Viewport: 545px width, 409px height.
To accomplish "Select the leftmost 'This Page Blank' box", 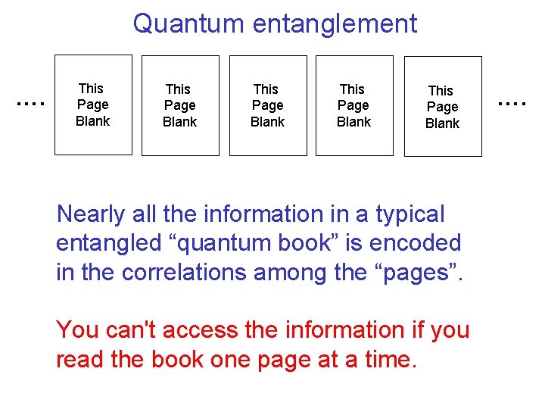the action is pyautogui.click(x=93, y=105).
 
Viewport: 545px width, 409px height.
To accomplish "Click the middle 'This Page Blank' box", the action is pyautogui.click(x=267, y=105).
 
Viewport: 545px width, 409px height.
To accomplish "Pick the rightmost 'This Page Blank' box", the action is pyautogui.click(x=442, y=107).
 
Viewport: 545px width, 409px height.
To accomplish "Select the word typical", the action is pyautogui.click(x=410, y=214).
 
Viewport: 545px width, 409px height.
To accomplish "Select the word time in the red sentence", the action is pyautogui.click(x=390, y=359).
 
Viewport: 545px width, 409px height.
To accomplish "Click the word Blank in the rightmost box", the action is pyautogui.click(x=442, y=123).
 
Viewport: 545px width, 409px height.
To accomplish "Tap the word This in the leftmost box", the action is pyautogui.click(x=92, y=89).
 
